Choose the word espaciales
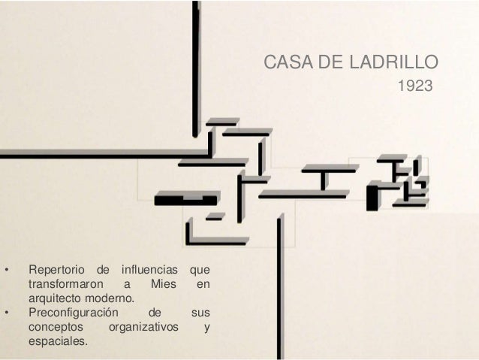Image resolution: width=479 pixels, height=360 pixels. pyautogui.click(x=57, y=341)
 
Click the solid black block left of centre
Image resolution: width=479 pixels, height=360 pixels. pyautogui.click(x=185, y=200)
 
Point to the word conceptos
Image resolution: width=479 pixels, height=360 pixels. pyautogui.click(x=56, y=327)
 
